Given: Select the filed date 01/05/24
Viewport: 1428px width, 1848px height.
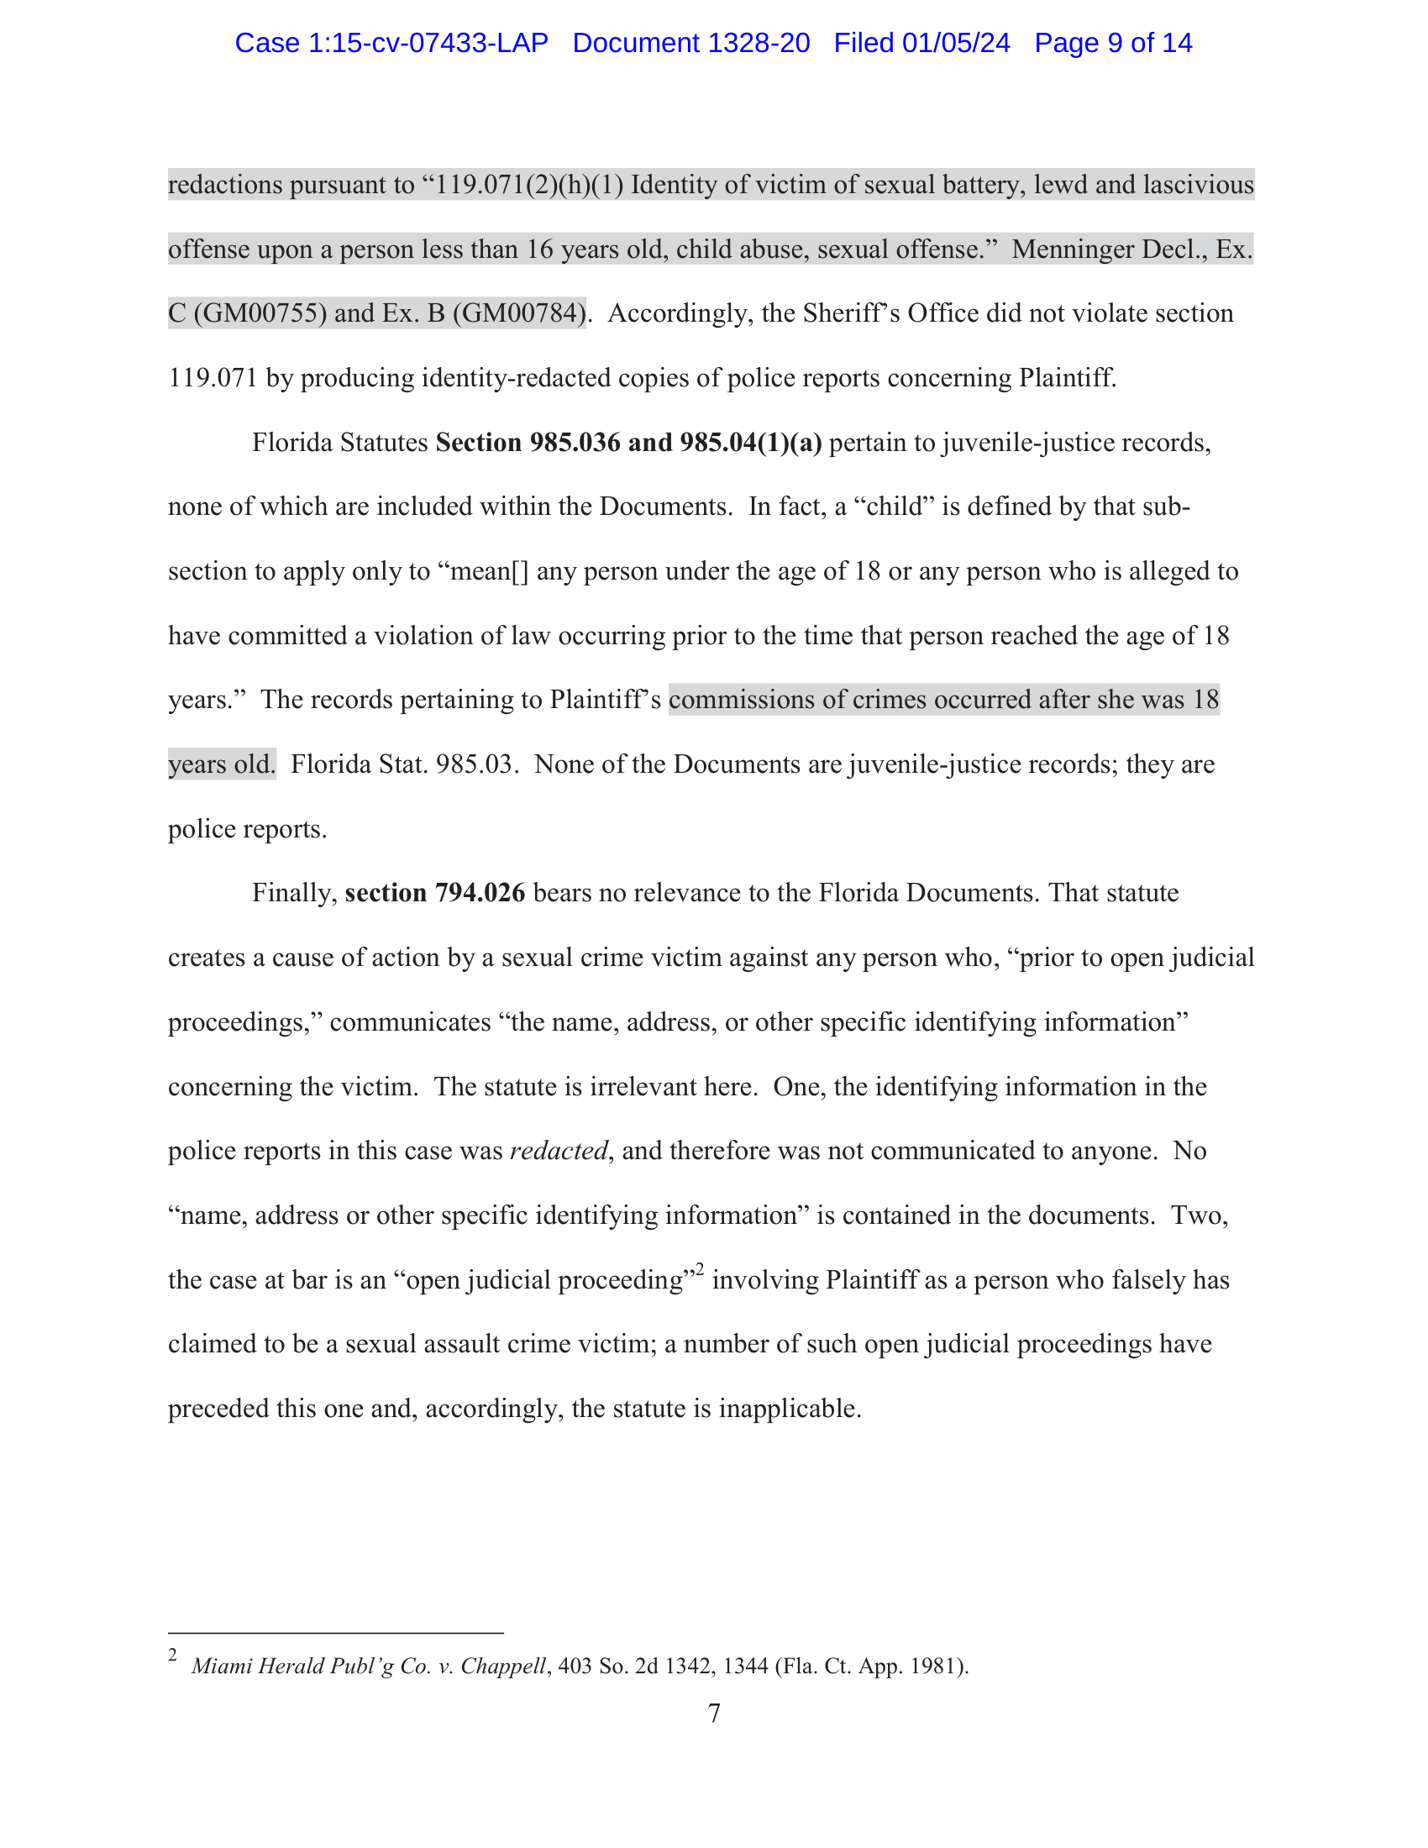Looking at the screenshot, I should pyautogui.click(x=956, y=43).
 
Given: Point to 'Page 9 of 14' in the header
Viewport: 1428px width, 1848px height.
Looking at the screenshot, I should pyautogui.click(x=1113, y=43).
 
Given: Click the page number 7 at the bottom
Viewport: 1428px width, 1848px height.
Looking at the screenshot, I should pyautogui.click(x=714, y=1714).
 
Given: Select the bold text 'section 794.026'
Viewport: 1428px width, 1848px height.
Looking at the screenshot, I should pyautogui.click(x=435, y=893).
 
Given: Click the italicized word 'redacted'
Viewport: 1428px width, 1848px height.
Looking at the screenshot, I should pyautogui.click(x=559, y=1151).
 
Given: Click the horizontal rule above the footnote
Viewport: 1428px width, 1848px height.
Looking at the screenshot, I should pyautogui.click(x=335, y=1632).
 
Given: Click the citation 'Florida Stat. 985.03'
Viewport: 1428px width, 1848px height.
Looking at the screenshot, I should pyautogui.click(x=402, y=764).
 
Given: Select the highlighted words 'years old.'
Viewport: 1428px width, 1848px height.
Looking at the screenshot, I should pyautogui.click(x=222, y=764).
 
